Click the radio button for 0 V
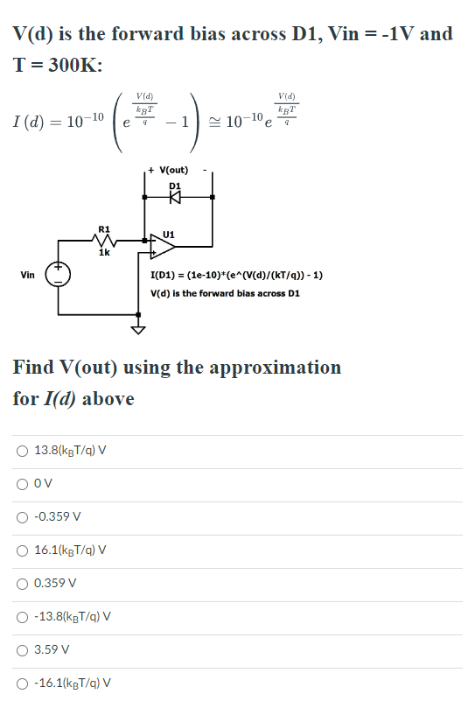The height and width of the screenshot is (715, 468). pyautogui.click(x=22, y=484)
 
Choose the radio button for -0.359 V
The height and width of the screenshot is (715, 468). pyautogui.click(x=22, y=516)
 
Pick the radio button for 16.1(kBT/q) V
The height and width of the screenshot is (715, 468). pyautogui.click(x=22, y=550)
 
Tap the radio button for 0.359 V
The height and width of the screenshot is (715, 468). pyautogui.click(x=22, y=583)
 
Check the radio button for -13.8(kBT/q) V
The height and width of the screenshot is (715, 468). pyautogui.click(x=22, y=616)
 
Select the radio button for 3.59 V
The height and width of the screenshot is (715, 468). pyautogui.click(x=22, y=650)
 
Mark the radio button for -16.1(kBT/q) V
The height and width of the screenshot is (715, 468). pyautogui.click(x=22, y=683)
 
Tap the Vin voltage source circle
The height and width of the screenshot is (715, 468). pyautogui.click(x=59, y=275)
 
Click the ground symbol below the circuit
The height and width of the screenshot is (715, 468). pyautogui.click(x=137, y=329)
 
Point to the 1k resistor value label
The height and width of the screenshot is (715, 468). pyautogui.click(x=104, y=254)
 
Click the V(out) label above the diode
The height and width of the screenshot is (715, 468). pyautogui.click(x=171, y=170)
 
